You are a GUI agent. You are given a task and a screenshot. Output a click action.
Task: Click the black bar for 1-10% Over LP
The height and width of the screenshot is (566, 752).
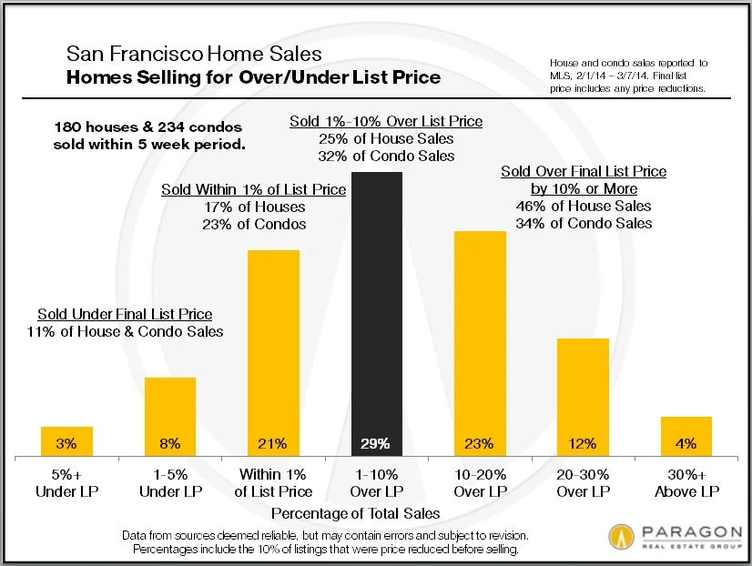coord(376,309)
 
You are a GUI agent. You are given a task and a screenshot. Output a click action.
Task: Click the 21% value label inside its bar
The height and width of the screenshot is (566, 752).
coord(273,444)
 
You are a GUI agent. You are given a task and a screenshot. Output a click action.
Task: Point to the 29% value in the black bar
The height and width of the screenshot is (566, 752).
coord(376,444)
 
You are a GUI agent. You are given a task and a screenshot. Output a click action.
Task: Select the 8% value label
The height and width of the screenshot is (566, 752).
coord(170,444)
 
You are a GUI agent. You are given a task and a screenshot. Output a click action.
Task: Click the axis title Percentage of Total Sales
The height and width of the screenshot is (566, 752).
coord(376,513)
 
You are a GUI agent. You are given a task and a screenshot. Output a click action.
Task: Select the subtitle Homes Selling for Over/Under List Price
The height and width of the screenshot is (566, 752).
coord(254,77)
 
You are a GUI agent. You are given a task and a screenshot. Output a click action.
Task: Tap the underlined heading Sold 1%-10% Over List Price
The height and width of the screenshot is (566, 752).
coord(386,121)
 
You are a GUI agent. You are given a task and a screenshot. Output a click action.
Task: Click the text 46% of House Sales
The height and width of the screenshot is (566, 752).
coord(584,206)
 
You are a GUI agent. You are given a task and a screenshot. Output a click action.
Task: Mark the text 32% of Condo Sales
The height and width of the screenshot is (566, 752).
coord(386,156)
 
